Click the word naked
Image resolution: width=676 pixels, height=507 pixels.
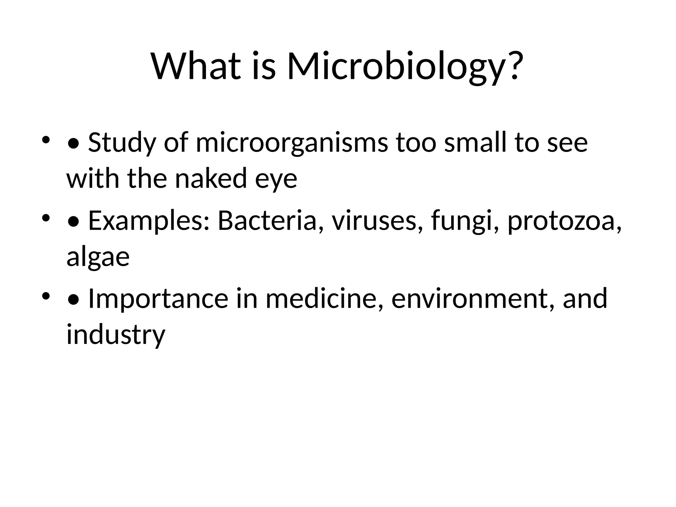(211, 179)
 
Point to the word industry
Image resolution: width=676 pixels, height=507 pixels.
(116, 334)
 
